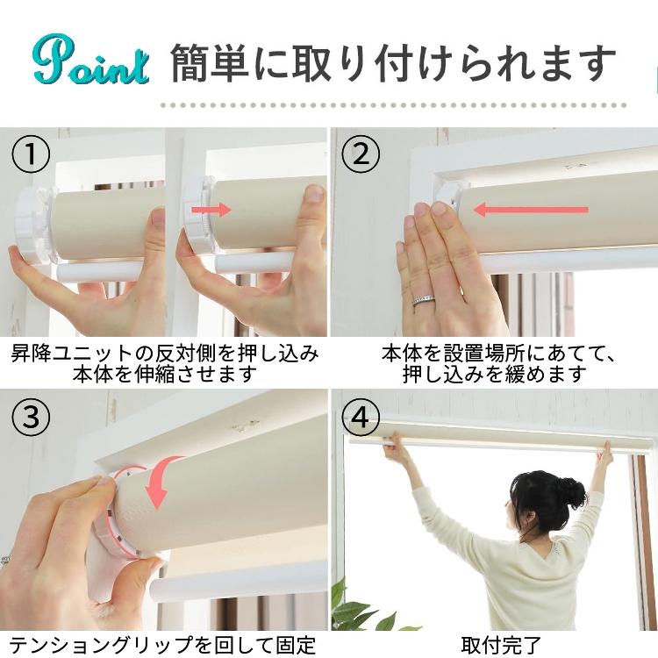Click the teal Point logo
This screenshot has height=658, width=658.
[x=90, y=60]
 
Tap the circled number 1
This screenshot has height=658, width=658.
[x=30, y=154]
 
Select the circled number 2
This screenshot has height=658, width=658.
[x=360, y=154]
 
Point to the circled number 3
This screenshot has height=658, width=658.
[x=30, y=417]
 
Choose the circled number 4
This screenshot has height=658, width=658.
[x=360, y=417]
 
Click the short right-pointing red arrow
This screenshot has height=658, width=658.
[x=211, y=210]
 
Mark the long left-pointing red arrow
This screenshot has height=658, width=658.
[x=532, y=209]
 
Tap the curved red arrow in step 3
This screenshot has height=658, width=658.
[x=161, y=478]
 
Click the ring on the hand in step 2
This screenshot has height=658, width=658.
[x=423, y=300]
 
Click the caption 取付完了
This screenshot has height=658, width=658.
[x=502, y=645]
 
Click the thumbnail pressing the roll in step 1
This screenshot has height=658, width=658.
[x=315, y=194]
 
